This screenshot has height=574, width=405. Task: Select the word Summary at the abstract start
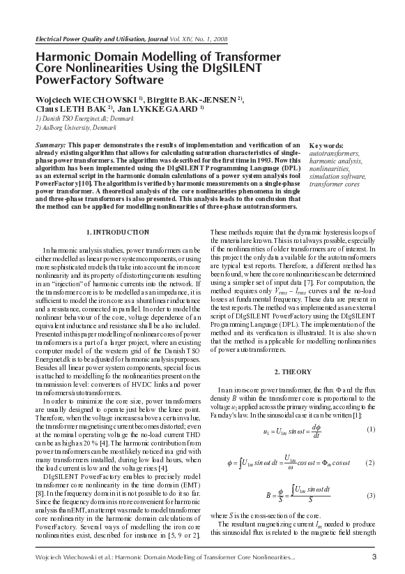point(51,143)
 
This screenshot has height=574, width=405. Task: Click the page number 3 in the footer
point(374,556)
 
